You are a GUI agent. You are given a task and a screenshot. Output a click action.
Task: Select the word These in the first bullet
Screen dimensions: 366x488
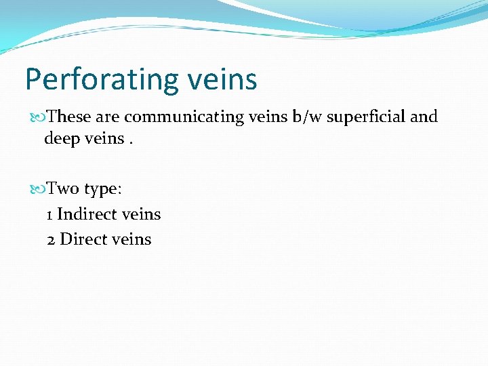click(70, 117)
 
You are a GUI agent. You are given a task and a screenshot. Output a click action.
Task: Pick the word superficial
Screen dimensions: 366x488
click(367, 117)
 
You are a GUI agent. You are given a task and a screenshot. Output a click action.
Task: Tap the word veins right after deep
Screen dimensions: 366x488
click(105, 139)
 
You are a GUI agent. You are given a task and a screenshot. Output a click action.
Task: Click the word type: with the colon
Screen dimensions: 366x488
click(102, 188)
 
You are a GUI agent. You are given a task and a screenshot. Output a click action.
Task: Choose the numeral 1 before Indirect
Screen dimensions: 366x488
click(49, 215)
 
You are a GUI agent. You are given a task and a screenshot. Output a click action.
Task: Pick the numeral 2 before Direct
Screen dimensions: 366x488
click(52, 239)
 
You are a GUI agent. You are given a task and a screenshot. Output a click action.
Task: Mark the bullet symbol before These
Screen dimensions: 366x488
click(37, 117)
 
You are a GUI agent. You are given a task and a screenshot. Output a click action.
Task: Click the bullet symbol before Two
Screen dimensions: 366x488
click(37, 189)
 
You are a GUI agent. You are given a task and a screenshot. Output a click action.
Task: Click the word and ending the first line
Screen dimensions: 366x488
click(424, 117)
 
